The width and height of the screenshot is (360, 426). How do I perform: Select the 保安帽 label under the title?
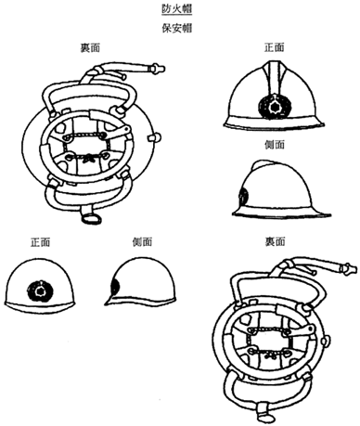177,28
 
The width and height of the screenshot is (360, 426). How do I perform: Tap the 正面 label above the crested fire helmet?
275,47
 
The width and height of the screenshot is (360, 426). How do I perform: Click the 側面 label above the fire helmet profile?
275,145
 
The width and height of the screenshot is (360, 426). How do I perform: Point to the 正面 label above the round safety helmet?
40,242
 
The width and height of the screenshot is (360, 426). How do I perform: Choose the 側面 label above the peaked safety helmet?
142,242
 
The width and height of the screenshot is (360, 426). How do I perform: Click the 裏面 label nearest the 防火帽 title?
90,48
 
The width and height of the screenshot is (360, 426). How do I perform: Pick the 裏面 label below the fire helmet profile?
275,241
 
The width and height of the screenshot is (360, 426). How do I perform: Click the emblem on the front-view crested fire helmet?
275,108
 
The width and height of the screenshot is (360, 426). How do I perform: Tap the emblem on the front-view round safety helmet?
40,291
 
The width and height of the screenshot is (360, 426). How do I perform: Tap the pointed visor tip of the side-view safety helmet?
106,304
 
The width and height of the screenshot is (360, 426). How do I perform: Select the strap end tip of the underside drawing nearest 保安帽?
158,69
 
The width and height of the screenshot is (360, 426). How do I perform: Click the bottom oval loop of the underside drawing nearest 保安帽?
91,218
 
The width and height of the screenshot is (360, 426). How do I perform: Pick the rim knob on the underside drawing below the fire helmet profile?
325,342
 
